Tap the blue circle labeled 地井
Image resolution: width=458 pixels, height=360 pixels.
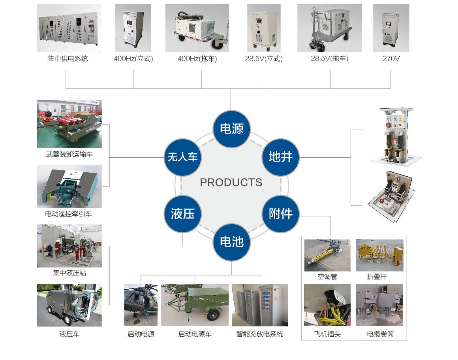(281, 157)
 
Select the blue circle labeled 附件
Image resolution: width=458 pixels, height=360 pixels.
(281, 214)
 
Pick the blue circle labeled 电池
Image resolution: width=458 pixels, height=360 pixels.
(231, 241)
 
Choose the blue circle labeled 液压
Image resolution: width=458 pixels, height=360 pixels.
(183, 214)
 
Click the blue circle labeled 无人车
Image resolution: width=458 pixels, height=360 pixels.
(182, 157)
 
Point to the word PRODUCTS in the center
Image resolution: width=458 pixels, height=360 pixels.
(231, 182)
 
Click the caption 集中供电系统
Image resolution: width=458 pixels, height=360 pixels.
(68, 59)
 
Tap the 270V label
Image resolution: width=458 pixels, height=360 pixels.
(391, 59)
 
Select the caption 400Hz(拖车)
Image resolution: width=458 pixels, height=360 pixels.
(197, 59)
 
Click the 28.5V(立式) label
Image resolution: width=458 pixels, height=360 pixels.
(264, 59)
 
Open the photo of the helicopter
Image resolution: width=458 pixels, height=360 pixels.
(141, 304)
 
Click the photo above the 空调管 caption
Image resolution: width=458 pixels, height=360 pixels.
(327, 255)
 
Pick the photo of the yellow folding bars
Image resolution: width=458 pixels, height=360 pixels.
(379, 255)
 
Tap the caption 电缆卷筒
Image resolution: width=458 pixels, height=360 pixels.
(380, 334)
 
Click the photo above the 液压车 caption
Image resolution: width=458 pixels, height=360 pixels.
(69, 305)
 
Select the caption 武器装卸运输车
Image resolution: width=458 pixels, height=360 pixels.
(69, 154)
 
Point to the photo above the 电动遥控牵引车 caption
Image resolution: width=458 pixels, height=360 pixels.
(69, 186)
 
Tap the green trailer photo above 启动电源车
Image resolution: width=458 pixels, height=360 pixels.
(195, 304)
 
